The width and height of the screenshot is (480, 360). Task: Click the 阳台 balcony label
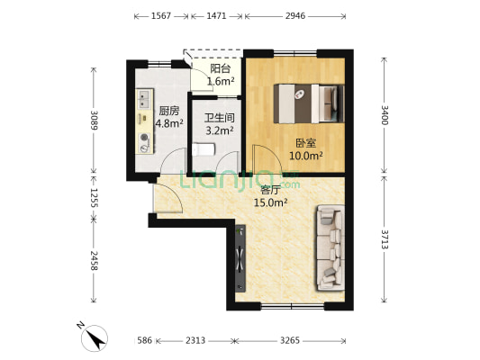222,67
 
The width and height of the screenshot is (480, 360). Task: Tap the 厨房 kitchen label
169,111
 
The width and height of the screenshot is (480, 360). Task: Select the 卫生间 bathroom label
219,118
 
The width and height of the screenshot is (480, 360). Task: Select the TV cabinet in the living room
240,260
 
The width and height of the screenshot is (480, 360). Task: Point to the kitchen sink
143,97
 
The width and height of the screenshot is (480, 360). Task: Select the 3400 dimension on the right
385,115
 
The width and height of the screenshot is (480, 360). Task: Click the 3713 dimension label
385,241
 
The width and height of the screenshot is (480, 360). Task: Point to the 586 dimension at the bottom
144,341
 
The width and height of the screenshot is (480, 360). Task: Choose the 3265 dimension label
292,341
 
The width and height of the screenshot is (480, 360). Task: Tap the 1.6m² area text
222,81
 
